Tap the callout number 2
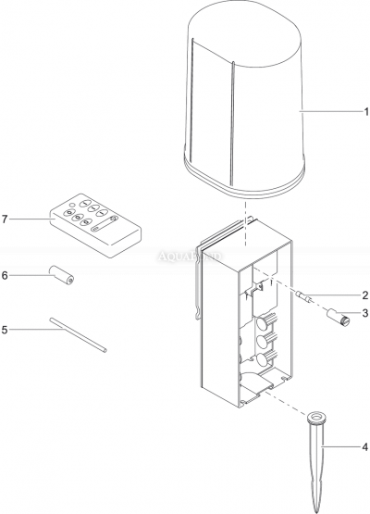364,295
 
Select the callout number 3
364,313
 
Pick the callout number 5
5,328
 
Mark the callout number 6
5,275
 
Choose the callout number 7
5,219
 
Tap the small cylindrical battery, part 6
62,275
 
